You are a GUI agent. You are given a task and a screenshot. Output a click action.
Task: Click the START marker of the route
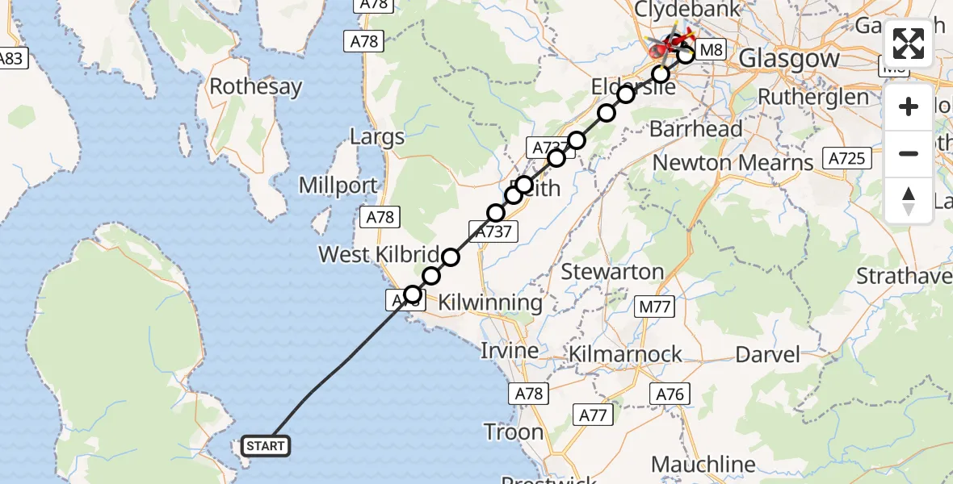coord(265,445)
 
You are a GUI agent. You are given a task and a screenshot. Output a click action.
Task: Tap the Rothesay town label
coord(255,86)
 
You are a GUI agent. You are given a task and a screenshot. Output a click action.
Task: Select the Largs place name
coord(376,136)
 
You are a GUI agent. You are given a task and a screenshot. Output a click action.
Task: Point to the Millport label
coord(338,186)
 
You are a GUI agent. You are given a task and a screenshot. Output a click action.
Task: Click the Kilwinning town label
coord(490,303)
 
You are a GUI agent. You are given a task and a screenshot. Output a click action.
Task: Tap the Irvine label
coord(510,351)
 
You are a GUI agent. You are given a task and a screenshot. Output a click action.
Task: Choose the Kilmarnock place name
coord(625,354)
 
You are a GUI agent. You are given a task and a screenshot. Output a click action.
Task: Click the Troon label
coord(514,432)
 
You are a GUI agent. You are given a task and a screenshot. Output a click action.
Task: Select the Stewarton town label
coord(612,272)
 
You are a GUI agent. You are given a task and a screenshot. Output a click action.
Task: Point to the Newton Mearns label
coord(733,163)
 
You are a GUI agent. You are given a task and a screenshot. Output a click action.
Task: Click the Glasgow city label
coord(789,59)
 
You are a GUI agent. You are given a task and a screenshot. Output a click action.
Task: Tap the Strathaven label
coord(904,276)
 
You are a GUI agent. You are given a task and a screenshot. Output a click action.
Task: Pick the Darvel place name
coord(767,354)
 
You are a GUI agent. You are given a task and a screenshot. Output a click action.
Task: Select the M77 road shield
coord(655,307)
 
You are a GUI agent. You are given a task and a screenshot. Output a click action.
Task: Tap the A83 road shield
coord(11,58)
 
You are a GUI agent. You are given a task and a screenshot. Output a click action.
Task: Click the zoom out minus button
coord(909,153)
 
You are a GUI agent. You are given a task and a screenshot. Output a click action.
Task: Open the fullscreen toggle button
coord(909,44)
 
